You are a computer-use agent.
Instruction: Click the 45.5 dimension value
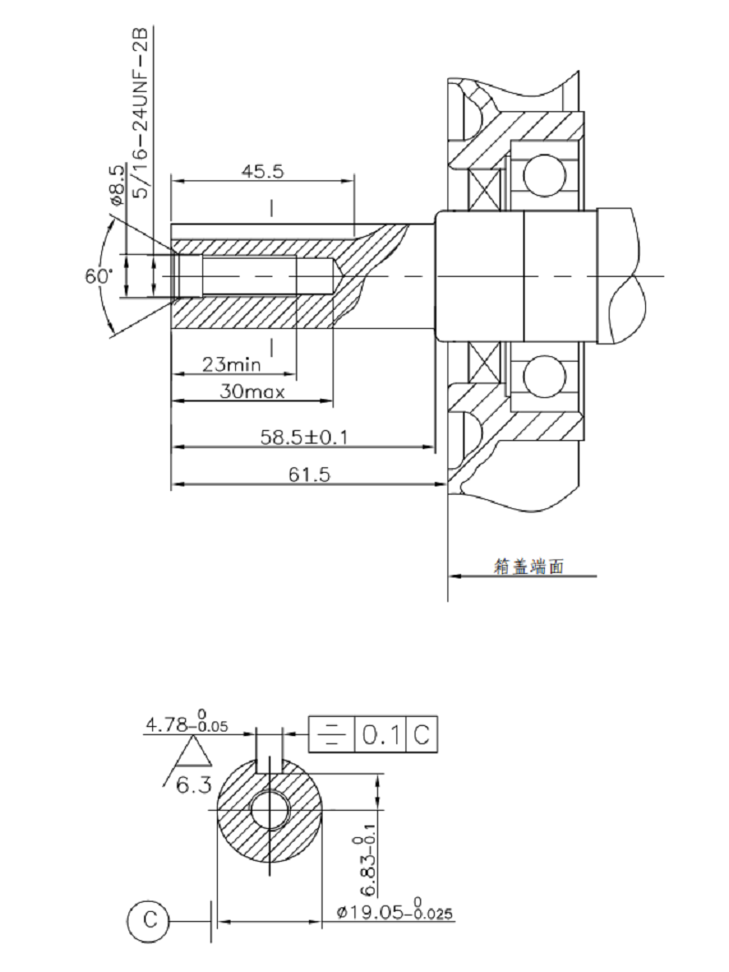262,169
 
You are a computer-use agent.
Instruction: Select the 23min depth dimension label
231,364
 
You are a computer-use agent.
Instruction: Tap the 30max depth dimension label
252,393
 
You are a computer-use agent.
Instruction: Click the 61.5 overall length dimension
307,475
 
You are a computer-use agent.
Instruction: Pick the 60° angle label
98,276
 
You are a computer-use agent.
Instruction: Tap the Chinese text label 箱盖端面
529,566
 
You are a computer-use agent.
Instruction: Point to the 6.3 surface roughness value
194,784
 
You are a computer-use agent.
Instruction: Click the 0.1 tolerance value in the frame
378,735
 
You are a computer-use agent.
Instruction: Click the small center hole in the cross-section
271,809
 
